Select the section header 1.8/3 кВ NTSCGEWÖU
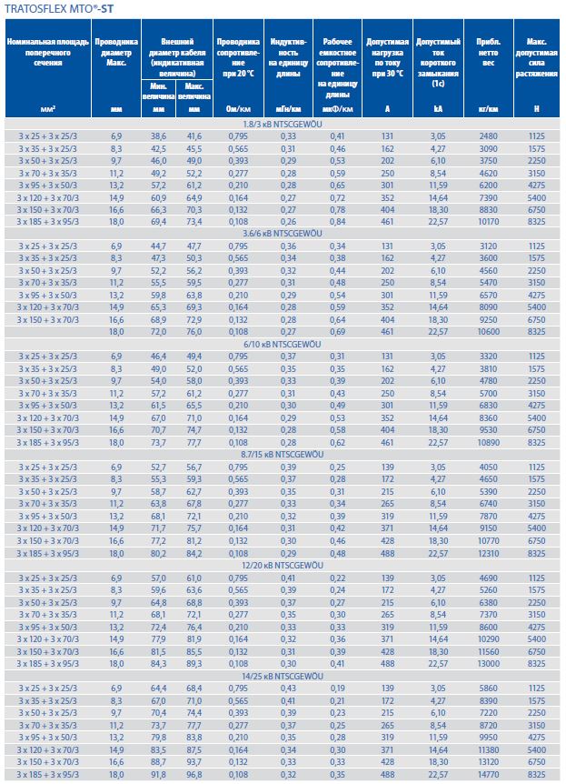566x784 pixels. pos(283,123)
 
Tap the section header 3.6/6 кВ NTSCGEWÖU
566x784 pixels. pos(283,232)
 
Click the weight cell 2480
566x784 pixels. pos(488,134)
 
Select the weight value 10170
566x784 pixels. pos(486,221)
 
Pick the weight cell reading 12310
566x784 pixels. pos(486,553)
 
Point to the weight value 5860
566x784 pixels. pos(488,687)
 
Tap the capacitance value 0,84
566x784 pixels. pos(337,221)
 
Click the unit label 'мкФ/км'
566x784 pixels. pos(337,109)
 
